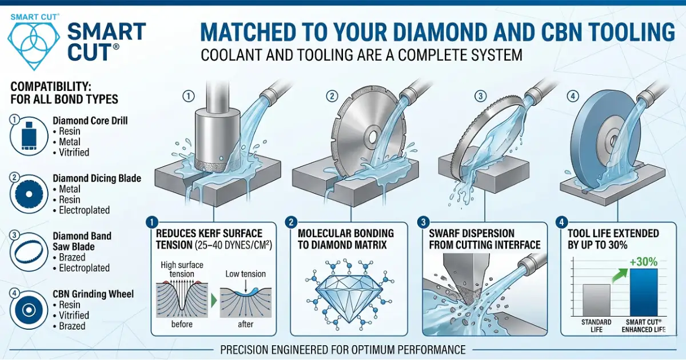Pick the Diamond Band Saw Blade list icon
26,251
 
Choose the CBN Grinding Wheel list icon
26,309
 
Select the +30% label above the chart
641,261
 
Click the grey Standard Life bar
596,300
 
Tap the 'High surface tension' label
182,269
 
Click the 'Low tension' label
245,274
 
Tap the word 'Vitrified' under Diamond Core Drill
74,153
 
